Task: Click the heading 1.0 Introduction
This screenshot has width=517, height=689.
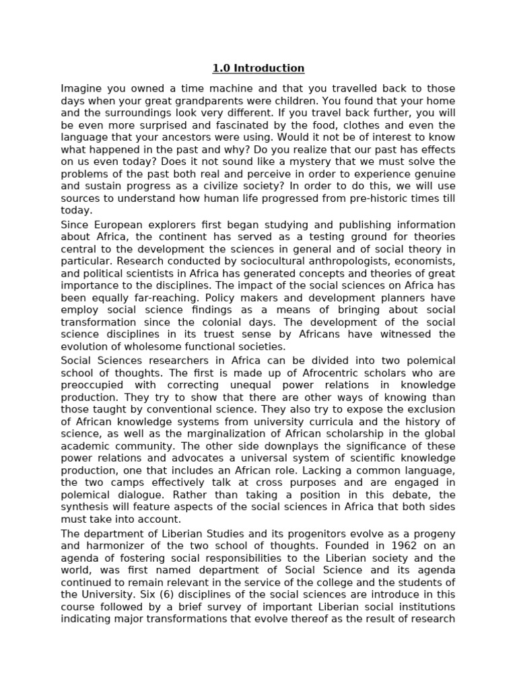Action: click(x=258, y=68)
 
